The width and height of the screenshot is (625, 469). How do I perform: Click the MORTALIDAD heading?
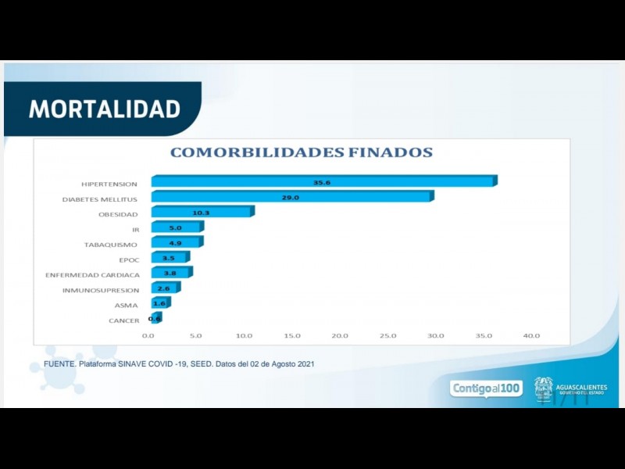click(x=105, y=109)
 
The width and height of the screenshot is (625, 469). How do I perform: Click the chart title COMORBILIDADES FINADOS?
click(x=301, y=152)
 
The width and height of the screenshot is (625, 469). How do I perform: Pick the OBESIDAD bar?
click(x=202, y=213)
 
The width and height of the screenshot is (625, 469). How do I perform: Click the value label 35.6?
click(x=322, y=182)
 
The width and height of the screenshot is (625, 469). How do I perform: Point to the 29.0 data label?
click(x=291, y=197)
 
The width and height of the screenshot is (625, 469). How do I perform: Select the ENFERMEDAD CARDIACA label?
click(x=92, y=275)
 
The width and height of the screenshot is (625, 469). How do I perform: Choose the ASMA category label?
click(x=126, y=306)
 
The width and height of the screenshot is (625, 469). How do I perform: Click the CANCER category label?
click(x=124, y=320)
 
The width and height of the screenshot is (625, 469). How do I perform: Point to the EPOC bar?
click(x=169, y=258)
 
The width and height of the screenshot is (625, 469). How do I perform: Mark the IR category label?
click(x=136, y=230)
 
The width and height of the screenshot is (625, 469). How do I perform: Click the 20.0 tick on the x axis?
click(x=339, y=335)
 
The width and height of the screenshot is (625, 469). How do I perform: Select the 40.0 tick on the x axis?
click(x=531, y=335)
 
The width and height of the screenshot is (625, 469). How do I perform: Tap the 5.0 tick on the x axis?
click(x=195, y=335)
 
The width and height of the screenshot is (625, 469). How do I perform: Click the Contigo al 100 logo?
click(x=487, y=388)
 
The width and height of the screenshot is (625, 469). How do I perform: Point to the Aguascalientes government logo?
click(x=570, y=388)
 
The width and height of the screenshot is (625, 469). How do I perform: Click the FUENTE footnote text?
click(x=179, y=364)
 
